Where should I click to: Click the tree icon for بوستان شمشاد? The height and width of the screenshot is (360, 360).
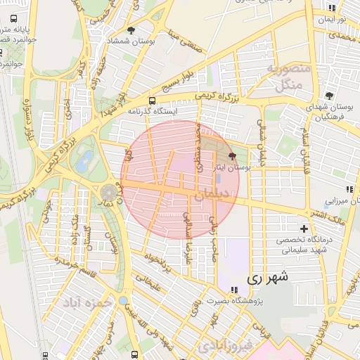(131, 30)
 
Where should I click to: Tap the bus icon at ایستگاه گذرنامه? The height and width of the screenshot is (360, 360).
(153, 100)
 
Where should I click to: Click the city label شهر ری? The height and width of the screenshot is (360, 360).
(267, 278)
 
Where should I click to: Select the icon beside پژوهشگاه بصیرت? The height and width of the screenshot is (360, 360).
(233, 290)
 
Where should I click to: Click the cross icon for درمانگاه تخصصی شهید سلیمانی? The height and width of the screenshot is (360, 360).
(304, 229)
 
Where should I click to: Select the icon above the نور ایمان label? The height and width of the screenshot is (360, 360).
(331, 8)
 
